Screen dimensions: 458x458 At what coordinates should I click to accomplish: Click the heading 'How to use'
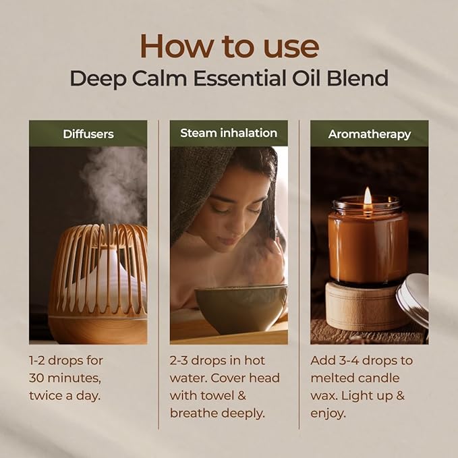tap(229, 46)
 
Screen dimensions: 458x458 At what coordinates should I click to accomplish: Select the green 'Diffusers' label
tap(88, 134)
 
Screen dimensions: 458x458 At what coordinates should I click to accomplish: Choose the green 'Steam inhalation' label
tap(229, 134)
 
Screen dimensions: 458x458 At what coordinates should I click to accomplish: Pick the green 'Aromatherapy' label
tap(369, 134)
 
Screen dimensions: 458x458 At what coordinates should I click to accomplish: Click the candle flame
tap(368, 196)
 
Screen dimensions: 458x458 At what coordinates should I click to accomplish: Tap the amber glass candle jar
tap(368, 243)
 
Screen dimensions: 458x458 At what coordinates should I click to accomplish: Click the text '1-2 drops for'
tap(66, 360)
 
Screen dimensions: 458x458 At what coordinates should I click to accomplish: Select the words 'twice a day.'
tap(65, 395)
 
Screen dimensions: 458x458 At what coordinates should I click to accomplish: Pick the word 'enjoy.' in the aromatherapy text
tap(328, 413)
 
